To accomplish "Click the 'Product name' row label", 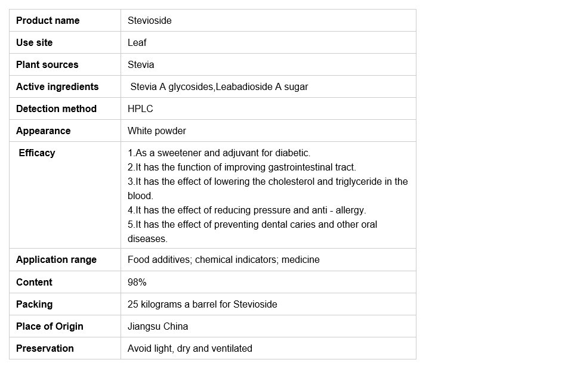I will click(48, 20).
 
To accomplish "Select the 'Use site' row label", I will click(34, 42).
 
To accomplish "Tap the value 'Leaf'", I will click(137, 42).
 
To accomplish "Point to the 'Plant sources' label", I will click(47, 64).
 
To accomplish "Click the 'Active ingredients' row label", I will click(57, 86).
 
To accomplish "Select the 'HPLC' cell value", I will click(140, 108).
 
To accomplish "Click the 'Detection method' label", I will click(56, 108).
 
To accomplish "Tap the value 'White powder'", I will click(157, 131).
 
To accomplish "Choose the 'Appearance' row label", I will click(43, 131).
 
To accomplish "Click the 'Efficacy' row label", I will click(37, 153).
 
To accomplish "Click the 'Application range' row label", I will click(56, 259).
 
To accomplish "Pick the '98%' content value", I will click(137, 282).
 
